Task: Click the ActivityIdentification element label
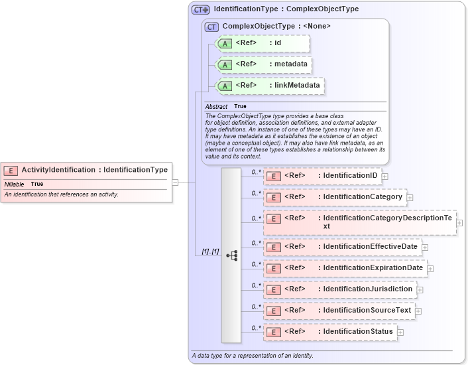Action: tap(95, 170)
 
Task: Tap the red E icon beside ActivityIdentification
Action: tap(12, 171)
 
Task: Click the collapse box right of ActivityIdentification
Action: tap(176, 181)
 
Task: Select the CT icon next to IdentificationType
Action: tap(200, 10)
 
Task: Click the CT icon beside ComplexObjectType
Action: tap(212, 27)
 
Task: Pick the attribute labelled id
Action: tap(278, 43)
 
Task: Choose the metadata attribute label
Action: tap(291, 64)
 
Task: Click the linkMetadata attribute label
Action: tap(297, 86)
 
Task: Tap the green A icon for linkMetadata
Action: tap(225, 86)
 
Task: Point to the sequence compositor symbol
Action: tap(231, 255)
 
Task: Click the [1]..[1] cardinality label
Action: tap(210, 252)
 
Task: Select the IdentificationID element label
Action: tap(349, 176)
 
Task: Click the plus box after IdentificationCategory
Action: tap(410, 198)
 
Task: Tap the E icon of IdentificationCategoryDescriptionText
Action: tap(273, 218)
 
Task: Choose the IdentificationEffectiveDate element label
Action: tap(369, 247)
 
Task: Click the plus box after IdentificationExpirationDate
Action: tap(430, 269)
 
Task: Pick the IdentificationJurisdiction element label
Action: tap(367, 289)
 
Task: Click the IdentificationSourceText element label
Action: tap(366, 311)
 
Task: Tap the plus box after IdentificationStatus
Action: tap(400, 332)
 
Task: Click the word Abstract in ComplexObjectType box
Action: tap(216, 106)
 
